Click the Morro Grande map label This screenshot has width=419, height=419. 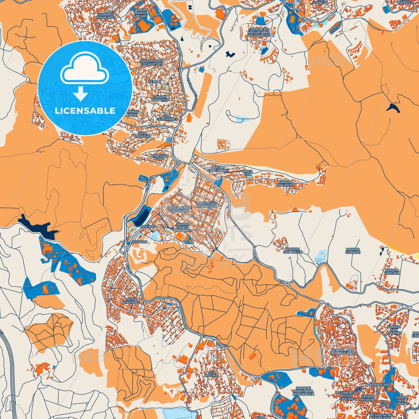tap(353, 251)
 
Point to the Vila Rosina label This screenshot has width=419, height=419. tap(211, 374)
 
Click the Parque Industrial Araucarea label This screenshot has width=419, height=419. tap(303, 391)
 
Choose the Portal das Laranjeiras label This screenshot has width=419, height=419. tap(343, 352)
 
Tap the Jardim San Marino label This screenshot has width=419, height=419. tap(394, 330)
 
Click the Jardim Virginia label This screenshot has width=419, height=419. tap(392, 271)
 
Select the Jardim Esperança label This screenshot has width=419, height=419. tap(218, 169)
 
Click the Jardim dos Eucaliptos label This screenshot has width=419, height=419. tap(151, 62)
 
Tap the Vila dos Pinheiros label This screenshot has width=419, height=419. tap(106, 16)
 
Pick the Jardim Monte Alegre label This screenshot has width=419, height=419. tap(140, 13)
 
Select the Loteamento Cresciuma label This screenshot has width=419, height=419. tap(179, 209)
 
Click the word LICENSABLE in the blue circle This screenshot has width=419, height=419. tap(85, 111)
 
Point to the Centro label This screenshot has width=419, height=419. tap(140, 242)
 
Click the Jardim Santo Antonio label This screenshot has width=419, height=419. tap(183, 227)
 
